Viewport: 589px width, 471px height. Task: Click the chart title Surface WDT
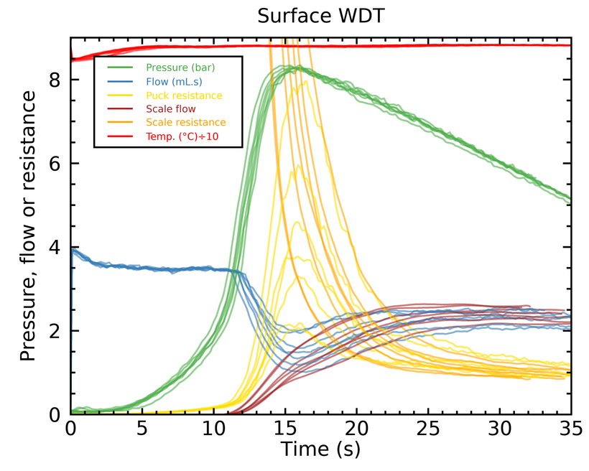321,16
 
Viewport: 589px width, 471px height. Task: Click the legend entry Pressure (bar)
180,67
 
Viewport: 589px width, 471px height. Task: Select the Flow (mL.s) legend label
174,82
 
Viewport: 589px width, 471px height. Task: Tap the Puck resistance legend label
184,95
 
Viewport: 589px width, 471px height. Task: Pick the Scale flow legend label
171,109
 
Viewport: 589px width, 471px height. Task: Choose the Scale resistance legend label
186,123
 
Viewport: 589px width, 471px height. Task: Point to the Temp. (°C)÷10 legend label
182,136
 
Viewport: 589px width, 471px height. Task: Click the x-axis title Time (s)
320,449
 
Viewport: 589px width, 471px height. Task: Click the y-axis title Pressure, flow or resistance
28,225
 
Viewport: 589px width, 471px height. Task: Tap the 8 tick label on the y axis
55,80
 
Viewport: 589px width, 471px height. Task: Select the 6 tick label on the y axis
55,164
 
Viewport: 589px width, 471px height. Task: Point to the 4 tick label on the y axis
55,248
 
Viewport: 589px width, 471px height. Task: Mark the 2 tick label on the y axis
55,331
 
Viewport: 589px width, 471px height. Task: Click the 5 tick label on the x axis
142,428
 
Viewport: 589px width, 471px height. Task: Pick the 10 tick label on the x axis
213,428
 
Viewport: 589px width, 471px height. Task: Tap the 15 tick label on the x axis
285,428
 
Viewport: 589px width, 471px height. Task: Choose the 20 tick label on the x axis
356,428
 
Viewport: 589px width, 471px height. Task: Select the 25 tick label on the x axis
428,428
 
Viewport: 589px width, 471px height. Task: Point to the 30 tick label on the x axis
500,428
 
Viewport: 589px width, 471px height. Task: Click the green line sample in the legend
120,67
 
